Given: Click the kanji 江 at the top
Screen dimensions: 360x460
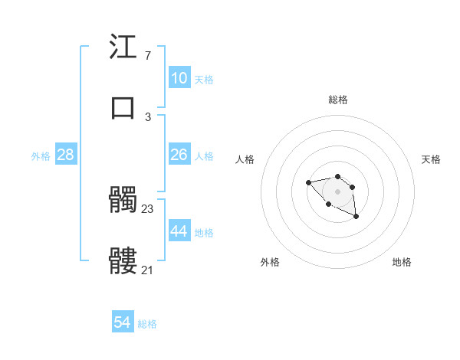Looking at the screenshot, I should [x=123, y=47].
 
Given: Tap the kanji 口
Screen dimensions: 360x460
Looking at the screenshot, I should [x=123, y=107].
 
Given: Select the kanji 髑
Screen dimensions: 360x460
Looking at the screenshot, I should [x=123, y=201].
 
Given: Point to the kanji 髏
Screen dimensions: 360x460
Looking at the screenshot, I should [x=123, y=261].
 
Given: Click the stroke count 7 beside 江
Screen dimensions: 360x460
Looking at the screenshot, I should [x=147, y=56].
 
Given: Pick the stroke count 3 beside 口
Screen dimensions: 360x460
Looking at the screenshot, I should [x=147, y=116].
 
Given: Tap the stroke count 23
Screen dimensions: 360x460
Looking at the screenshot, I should [x=148, y=208].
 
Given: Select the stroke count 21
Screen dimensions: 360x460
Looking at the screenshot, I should [x=148, y=270].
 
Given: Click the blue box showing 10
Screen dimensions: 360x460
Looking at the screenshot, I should [x=179, y=78].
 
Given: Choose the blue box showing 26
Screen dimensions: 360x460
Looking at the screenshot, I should [x=179, y=155].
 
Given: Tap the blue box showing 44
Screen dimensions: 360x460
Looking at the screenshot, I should [x=179, y=231].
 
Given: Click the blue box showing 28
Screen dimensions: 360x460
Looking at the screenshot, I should [x=65, y=155].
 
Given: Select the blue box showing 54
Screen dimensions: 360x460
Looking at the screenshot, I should [x=123, y=322].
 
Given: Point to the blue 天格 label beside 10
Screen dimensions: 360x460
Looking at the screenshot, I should [x=204, y=79].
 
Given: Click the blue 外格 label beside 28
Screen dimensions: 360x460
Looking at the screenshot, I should [x=41, y=156].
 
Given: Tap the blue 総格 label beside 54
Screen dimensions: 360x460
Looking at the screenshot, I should [x=147, y=324].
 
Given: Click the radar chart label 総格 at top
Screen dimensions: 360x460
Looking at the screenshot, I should [x=338, y=100].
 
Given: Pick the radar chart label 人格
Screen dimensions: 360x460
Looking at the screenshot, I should [x=245, y=159].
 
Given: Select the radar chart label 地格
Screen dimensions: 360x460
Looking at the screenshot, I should [x=402, y=262].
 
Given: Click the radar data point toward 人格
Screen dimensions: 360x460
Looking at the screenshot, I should [x=308, y=182].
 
